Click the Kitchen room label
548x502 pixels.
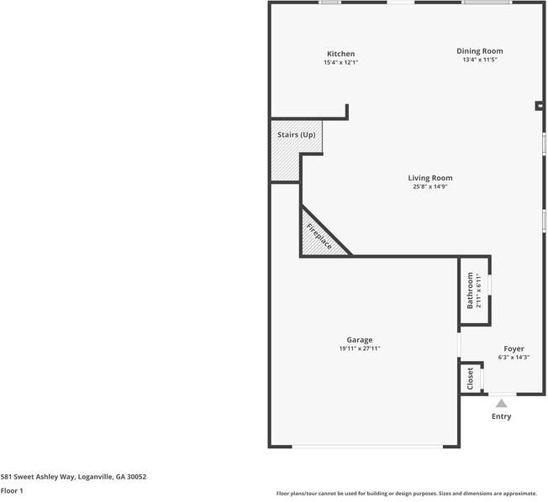pyautogui.click(x=340, y=54)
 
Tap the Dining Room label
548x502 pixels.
pyautogui.click(x=479, y=51)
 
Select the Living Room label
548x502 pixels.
pyautogui.click(x=430, y=178)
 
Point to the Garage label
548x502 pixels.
pyautogui.click(x=360, y=340)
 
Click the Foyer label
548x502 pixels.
pyautogui.click(x=514, y=348)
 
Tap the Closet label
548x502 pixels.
pyautogui.click(x=470, y=378)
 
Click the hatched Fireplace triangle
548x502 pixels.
pyautogui.click(x=317, y=238)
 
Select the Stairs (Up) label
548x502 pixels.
pyautogui.click(x=297, y=135)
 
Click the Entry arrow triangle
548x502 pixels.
pyautogui.click(x=501, y=404)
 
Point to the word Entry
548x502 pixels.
pyautogui.click(x=501, y=416)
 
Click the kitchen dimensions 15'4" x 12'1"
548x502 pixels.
pyautogui.click(x=340, y=63)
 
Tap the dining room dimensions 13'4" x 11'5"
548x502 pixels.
pyautogui.click(x=479, y=60)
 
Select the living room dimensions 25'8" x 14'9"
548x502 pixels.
pyautogui.click(x=430, y=187)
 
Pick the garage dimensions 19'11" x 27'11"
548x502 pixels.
pyautogui.click(x=360, y=348)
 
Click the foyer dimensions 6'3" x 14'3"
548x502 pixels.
pyautogui.click(x=514, y=358)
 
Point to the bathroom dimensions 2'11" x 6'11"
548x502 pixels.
pyautogui.click(x=479, y=290)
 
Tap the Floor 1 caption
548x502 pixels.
pyautogui.click(x=12, y=490)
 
